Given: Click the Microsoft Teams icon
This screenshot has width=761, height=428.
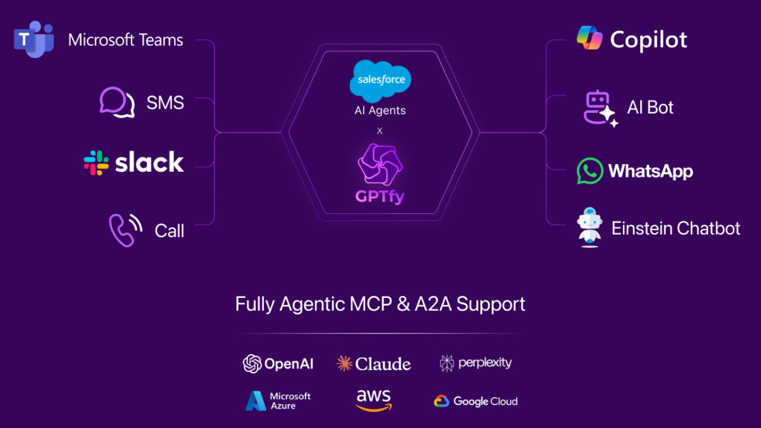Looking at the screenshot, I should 34,39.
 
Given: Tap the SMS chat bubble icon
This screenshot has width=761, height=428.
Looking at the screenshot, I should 117,102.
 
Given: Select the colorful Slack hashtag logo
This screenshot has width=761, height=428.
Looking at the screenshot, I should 96,162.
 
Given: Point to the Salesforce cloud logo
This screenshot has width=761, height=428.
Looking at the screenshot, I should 380,80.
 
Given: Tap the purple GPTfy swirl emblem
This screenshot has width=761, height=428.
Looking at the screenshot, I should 380,166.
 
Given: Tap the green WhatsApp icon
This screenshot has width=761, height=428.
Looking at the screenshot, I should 590,171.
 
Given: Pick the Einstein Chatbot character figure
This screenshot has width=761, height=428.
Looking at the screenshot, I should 590,227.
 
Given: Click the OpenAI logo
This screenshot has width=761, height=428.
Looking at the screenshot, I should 253,364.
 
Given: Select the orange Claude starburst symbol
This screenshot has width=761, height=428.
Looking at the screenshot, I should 344,364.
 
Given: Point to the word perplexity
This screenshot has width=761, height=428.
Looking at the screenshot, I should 485,363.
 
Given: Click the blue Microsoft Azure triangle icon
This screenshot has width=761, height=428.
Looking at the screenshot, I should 256,401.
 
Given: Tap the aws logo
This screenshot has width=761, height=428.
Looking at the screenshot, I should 373,400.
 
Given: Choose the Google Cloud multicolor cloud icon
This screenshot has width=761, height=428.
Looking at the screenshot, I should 441,401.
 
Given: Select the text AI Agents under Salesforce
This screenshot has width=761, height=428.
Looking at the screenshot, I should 380,111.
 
